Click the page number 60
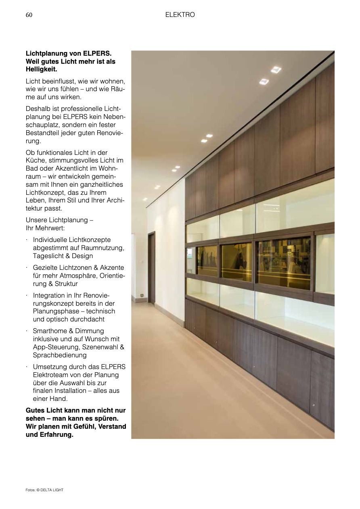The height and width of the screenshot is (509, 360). click(x=29, y=15)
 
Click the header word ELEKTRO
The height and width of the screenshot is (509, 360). click(x=180, y=15)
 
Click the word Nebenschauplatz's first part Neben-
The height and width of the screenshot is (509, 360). click(x=114, y=117)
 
